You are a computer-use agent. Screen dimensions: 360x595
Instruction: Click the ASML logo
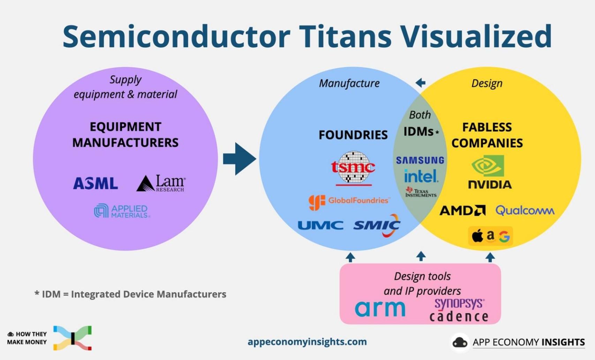(95, 183)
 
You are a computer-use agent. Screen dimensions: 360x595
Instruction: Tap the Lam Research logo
(161, 183)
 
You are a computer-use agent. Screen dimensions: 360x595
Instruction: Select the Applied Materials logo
(122, 211)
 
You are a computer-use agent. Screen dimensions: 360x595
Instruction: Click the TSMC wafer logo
(353, 168)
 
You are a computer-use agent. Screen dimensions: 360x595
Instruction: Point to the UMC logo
(320, 225)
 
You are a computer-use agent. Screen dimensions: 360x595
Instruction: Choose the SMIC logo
(377, 225)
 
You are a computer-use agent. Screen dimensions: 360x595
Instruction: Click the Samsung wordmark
(420, 160)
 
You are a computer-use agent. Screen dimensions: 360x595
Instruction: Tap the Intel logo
(421, 176)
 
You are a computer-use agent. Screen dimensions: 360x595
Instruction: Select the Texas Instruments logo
(421, 192)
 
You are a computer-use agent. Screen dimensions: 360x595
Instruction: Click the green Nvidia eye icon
(488, 166)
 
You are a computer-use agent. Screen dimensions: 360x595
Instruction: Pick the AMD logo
(462, 210)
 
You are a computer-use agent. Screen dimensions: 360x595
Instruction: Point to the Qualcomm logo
(525, 210)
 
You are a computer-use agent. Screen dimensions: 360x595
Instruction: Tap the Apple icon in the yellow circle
(477, 236)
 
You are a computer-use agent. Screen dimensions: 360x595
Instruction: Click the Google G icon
(504, 237)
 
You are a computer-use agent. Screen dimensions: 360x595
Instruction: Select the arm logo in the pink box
(380, 308)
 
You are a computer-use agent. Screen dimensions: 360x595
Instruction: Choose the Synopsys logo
(459, 303)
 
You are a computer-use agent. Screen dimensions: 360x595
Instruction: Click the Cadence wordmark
(459, 316)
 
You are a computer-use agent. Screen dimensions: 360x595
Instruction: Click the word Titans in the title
(345, 36)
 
